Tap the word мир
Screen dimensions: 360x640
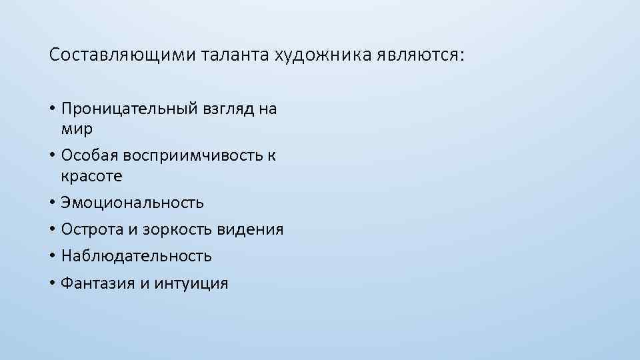click(77, 128)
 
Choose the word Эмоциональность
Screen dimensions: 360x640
click(132, 202)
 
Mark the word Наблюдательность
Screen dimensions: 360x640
click(136, 256)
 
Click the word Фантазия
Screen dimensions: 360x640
click(97, 283)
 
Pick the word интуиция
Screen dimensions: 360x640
click(191, 283)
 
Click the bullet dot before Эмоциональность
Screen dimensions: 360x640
click(52, 203)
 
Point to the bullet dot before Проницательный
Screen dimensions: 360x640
click(52, 109)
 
